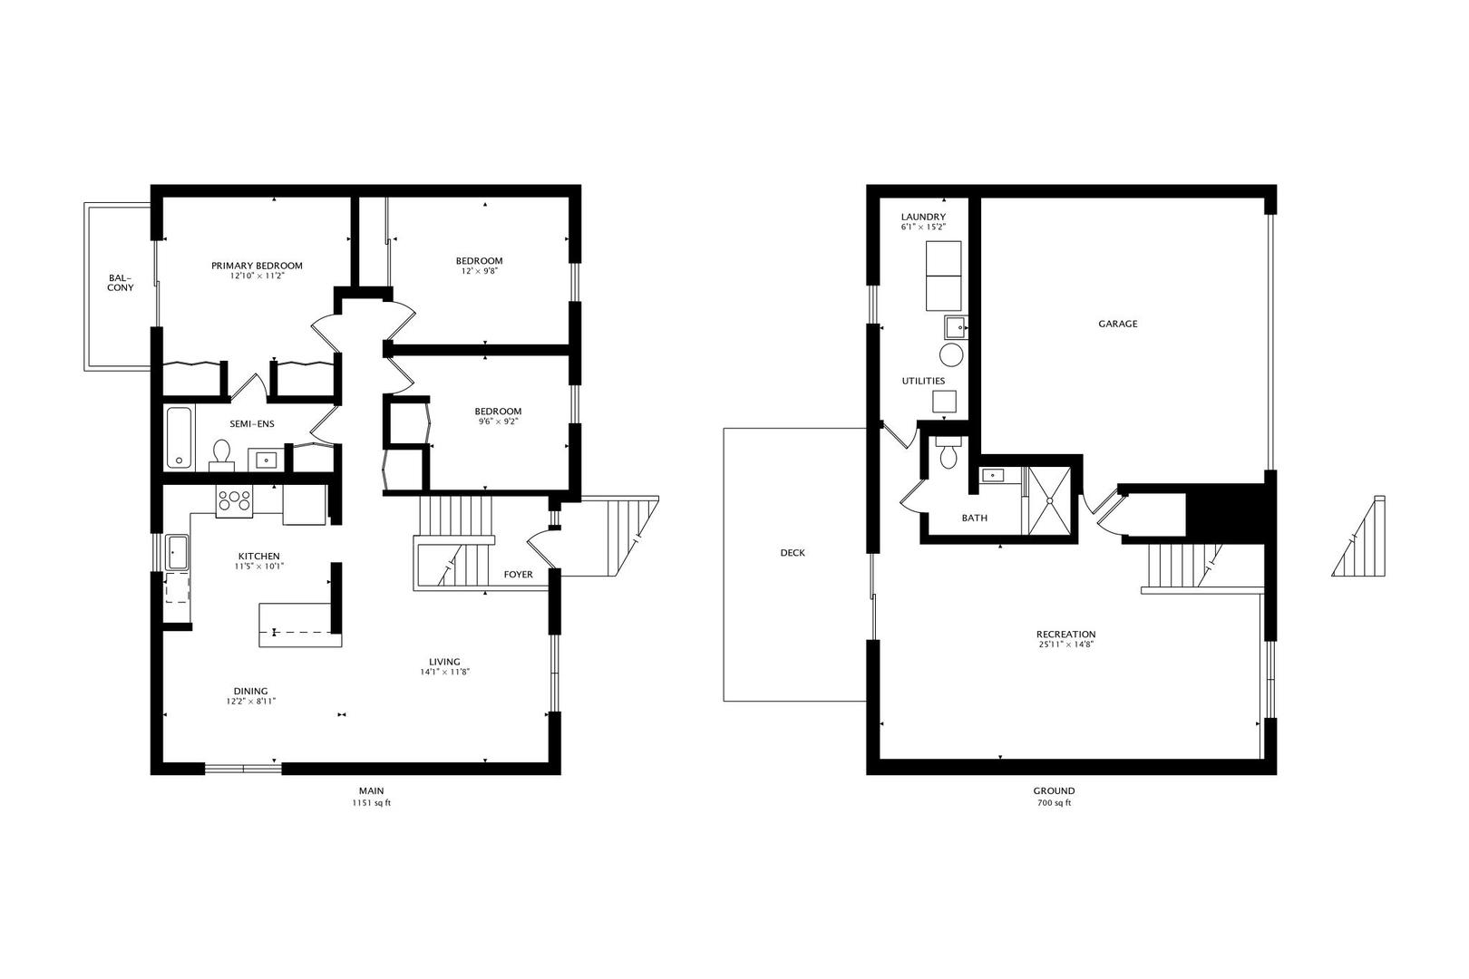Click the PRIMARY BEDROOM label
pyautogui.click(x=257, y=266)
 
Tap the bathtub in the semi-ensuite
pyautogui.click(x=180, y=438)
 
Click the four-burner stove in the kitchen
pyautogui.click(x=235, y=500)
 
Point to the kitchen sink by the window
pyautogui.click(x=177, y=551)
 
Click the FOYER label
pyautogui.click(x=518, y=575)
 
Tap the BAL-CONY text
pyautogui.click(x=120, y=283)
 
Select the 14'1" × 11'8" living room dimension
pyautogui.click(x=444, y=673)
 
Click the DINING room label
pyautogui.click(x=250, y=691)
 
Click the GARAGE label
pyautogui.click(x=1117, y=324)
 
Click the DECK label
pyautogui.click(x=792, y=553)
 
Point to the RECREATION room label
pyautogui.click(x=1065, y=635)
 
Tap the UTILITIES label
pyautogui.click(x=923, y=381)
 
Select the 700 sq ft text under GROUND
pyautogui.click(x=1053, y=803)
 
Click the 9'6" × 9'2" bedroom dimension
pyautogui.click(x=500, y=422)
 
